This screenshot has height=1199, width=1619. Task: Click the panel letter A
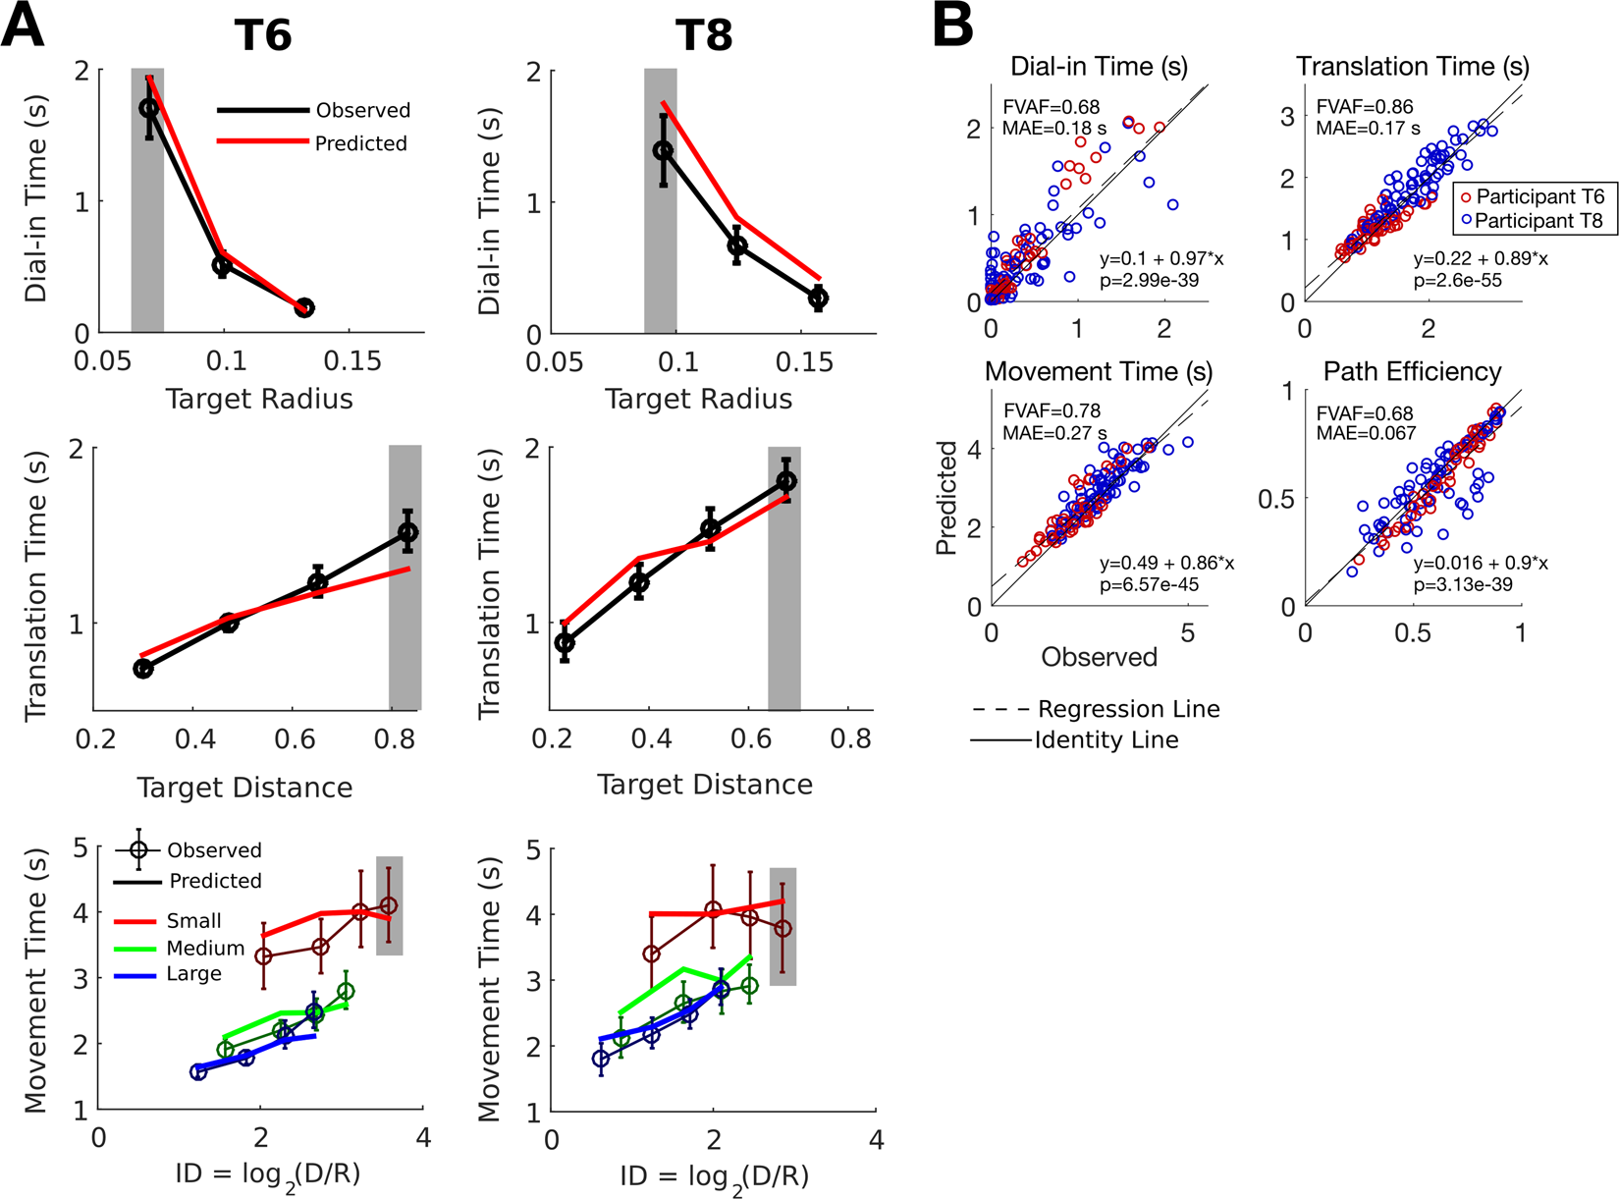point(23,27)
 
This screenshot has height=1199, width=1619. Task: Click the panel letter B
point(951,27)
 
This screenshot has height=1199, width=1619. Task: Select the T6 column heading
point(262,37)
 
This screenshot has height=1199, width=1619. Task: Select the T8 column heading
point(704,37)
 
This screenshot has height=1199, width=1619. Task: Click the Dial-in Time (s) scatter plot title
point(1099,67)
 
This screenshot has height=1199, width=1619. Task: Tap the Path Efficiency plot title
point(1412,371)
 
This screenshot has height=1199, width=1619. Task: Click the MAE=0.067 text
point(1366,433)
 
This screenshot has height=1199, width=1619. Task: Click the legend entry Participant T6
point(1539,196)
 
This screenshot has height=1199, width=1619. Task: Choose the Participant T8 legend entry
point(1539,221)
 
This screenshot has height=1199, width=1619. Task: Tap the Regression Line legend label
point(1128,709)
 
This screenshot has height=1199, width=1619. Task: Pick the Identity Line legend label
point(1106,740)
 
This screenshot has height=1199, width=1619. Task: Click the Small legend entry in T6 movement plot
point(193,921)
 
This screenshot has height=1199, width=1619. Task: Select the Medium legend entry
point(205,949)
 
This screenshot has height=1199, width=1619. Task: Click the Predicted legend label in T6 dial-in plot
point(360,143)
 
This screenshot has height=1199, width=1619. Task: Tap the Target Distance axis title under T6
point(244,788)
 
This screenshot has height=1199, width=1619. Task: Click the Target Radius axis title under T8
point(698,400)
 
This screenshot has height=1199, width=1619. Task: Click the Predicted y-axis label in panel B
point(946,498)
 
